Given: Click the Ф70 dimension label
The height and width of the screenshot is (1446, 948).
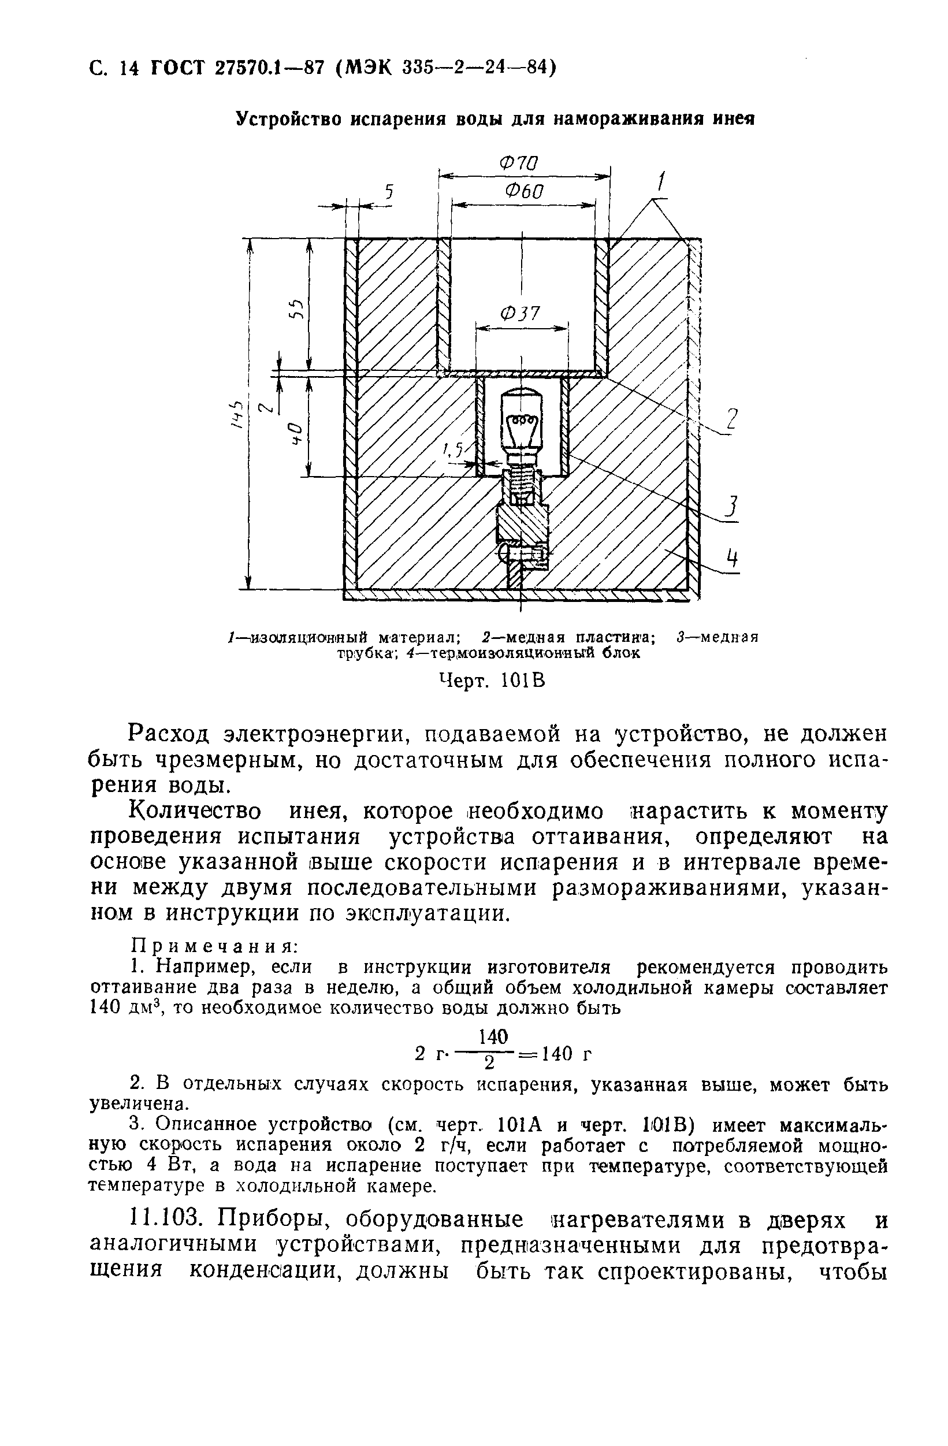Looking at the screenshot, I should point(519,163).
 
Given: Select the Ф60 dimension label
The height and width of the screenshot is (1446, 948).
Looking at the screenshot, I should point(523,191).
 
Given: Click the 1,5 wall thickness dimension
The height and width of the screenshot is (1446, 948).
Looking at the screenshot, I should point(452,449).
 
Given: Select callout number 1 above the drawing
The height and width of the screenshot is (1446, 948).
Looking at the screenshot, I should point(662,181).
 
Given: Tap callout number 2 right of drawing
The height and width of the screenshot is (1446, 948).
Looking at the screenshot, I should point(733,420).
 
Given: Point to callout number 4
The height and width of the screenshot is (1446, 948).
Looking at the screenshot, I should point(733,557).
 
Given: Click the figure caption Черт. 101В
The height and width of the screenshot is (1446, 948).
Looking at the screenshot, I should point(492,681).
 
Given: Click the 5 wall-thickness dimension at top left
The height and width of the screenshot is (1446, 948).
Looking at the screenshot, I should point(389,193).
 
